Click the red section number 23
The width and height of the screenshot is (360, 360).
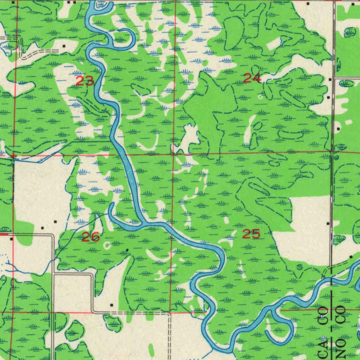pos(85,82)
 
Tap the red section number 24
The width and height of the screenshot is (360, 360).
pos(252,78)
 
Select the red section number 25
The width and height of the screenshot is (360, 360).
pos(251,234)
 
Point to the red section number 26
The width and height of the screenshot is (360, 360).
pos(91,237)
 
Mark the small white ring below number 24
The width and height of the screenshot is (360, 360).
pos(261,97)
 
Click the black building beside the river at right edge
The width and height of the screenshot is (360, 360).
pos(351,257)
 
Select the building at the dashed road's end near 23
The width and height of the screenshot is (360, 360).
pos(64,46)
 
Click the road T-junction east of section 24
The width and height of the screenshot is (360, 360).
pos(334,77)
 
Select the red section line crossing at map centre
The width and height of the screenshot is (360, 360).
pos(173,154)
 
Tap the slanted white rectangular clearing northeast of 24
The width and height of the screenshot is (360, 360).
pos(275,44)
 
